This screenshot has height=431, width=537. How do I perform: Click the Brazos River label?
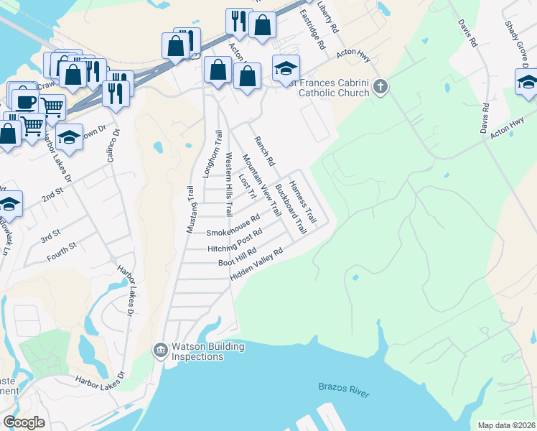pos(343,389)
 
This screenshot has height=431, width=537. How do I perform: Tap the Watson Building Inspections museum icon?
pos(160,351)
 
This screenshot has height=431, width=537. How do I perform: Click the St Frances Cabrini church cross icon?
pos(380,87)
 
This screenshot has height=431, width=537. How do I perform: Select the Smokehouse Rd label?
pos(233,226)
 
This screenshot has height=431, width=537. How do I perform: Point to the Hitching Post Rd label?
pos(235,241)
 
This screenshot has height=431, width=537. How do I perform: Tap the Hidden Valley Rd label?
pos(258,264)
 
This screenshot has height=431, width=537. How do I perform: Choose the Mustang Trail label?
pos(191,209)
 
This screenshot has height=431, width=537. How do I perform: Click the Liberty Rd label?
pos(329,17)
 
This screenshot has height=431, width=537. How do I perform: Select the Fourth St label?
pos(62,251)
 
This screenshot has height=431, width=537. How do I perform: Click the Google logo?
pos(24,422)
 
